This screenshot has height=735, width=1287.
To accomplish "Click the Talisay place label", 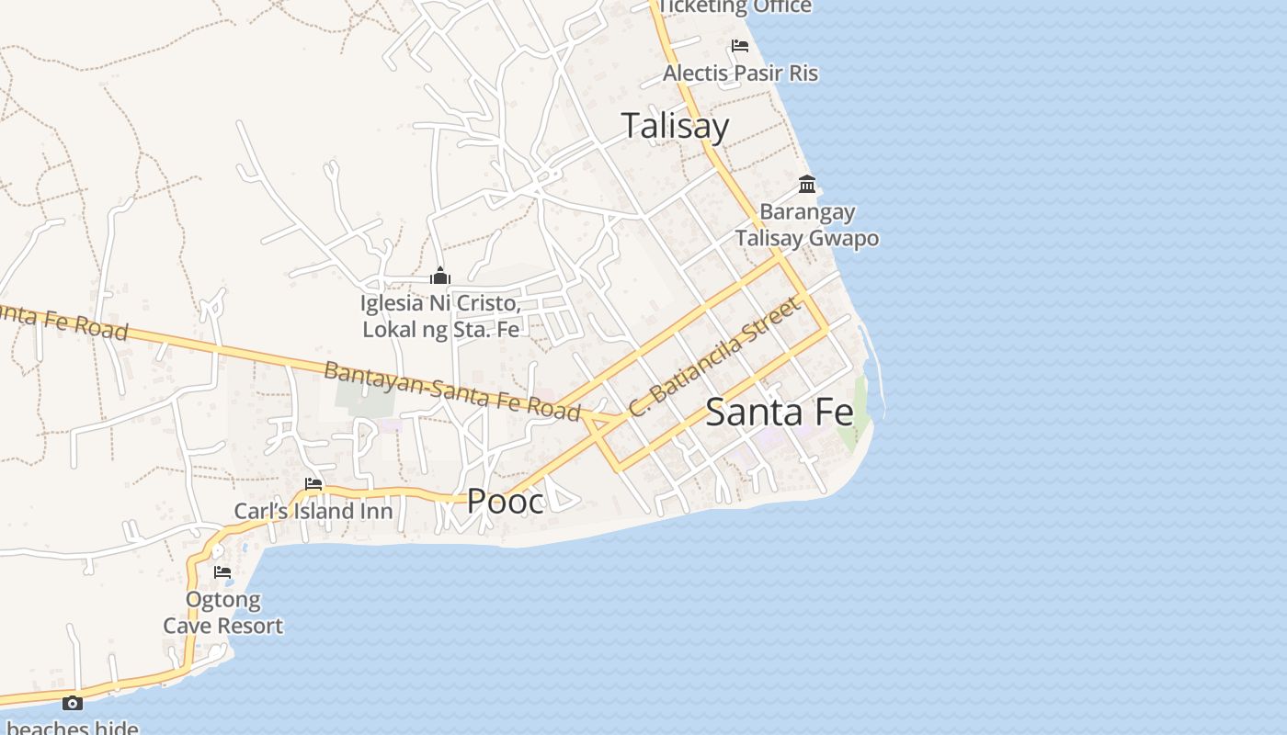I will [676, 126].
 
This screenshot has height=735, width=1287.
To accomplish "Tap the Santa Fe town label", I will [780, 413].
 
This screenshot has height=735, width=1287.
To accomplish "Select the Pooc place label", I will [505, 501].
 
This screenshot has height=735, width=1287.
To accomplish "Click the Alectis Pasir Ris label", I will [740, 73].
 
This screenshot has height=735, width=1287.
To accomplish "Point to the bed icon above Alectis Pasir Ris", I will [739, 46].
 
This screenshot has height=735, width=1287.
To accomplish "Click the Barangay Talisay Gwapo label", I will [806, 225].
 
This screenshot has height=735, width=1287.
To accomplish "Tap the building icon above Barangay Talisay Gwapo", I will [807, 185].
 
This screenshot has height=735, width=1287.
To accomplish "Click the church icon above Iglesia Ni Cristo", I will [440, 276].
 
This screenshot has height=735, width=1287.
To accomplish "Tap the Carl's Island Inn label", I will [313, 511].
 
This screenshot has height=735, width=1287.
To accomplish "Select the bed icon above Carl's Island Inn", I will [313, 484].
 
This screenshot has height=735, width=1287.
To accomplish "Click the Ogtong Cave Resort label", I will [223, 613].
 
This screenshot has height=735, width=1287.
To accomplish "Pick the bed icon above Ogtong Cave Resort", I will [222, 571].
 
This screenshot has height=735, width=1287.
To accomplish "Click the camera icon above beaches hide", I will [73, 704].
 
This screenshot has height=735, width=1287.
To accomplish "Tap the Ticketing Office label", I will [735, 7].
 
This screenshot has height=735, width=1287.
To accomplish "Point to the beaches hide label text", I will [73, 729].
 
